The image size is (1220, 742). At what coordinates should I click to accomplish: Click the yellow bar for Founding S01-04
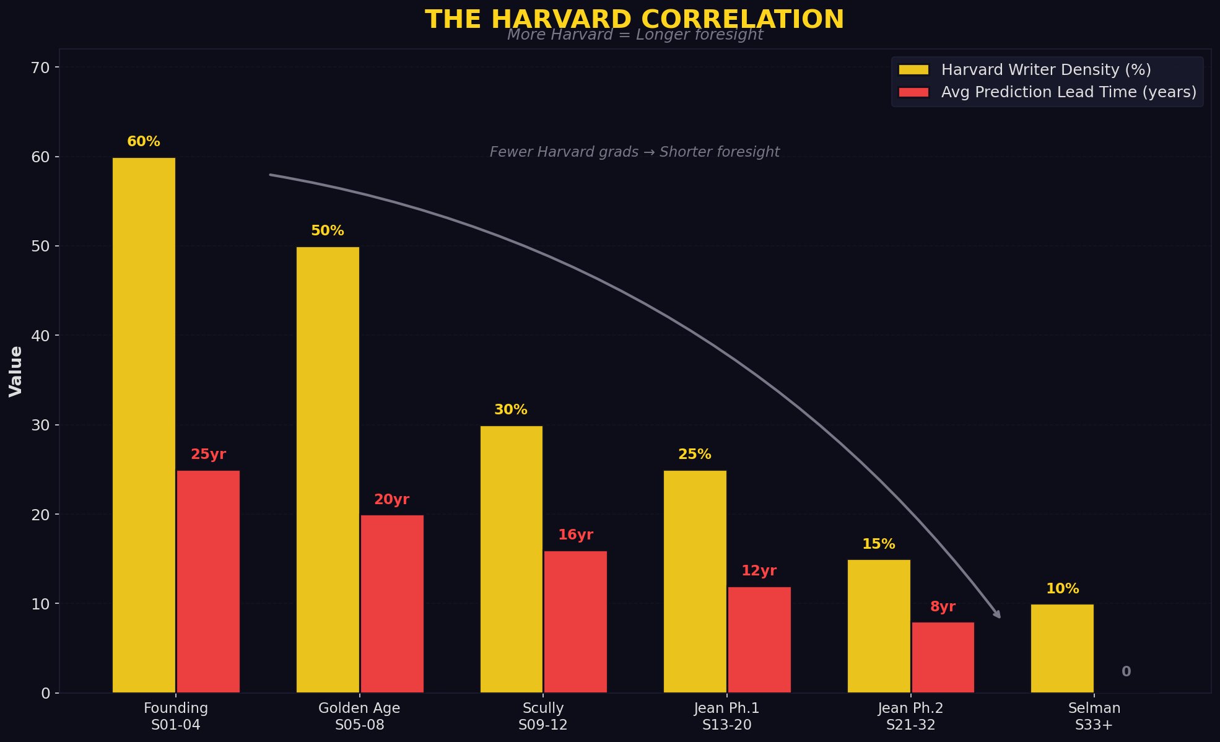144,425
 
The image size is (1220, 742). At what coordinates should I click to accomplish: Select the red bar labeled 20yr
392,603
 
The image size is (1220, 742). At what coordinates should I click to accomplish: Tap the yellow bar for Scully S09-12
511,559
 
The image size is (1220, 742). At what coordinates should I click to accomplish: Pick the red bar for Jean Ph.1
759,639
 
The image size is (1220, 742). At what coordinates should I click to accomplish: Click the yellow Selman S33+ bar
1062,648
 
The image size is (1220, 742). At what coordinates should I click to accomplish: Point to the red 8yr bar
943,657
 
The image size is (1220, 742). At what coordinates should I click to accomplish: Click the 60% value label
144,142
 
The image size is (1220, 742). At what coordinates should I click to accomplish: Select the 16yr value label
575,535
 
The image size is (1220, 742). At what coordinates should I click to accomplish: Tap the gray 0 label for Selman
1126,672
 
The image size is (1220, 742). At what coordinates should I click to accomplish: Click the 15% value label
878,544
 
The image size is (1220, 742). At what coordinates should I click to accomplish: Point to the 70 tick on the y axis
40,68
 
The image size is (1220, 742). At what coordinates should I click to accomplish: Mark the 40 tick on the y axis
40,336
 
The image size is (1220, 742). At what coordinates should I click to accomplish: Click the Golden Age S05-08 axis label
359,716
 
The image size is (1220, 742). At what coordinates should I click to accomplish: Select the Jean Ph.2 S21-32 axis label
910,716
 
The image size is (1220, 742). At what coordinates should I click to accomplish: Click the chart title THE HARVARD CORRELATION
634,19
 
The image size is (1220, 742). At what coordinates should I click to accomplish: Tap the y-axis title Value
15,371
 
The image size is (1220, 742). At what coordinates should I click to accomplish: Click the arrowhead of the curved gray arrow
997,614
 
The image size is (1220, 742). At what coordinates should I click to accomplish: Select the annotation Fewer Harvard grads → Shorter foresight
634,152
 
